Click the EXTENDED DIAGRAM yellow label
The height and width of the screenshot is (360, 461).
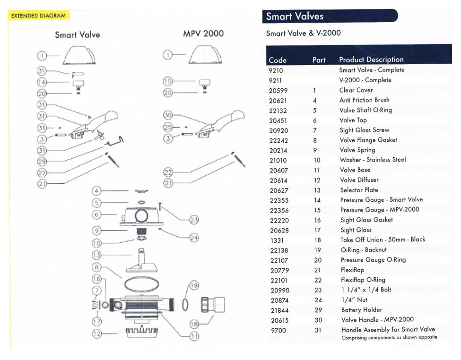tap(38, 16)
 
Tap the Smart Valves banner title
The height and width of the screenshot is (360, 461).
tap(295, 17)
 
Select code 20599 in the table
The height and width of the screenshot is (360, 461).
tap(278, 90)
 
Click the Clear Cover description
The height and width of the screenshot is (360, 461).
tap(356, 90)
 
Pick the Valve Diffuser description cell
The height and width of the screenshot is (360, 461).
tap(359, 180)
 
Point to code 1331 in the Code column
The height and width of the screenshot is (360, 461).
tap(276, 240)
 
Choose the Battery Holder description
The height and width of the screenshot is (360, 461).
tap(362, 310)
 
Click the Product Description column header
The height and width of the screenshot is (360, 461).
tap(371, 60)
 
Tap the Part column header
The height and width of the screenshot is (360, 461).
tap(319, 60)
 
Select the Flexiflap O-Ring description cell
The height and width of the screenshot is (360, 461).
tap(363, 280)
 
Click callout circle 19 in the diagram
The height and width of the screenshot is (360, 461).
tap(194, 285)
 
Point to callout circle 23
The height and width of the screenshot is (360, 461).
tap(194, 220)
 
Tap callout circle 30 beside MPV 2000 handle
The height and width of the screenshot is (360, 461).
tap(168, 115)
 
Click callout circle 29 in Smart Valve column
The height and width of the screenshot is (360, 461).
tap(42, 162)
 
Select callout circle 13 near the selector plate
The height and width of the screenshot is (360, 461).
tap(96, 256)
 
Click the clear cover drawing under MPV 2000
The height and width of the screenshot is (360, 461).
tap(203, 55)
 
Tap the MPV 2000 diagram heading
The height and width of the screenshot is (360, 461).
tap(203, 34)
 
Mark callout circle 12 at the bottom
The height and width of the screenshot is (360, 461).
tap(96, 334)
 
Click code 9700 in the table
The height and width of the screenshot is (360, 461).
tap(278, 330)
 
